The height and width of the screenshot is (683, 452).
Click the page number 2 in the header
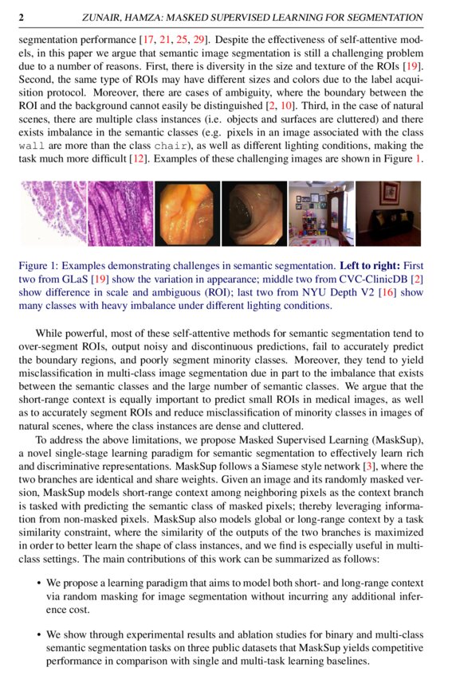[22, 17]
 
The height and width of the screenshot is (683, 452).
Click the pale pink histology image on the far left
[52, 213]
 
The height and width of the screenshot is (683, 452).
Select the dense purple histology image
[120, 213]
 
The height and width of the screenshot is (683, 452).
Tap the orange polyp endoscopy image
[187, 213]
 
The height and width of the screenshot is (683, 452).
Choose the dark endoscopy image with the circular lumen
[253, 213]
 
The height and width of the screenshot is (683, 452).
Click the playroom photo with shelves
[320, 213]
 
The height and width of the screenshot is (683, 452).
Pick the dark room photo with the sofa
[388, 213]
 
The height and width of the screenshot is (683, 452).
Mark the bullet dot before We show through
[39, 635]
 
